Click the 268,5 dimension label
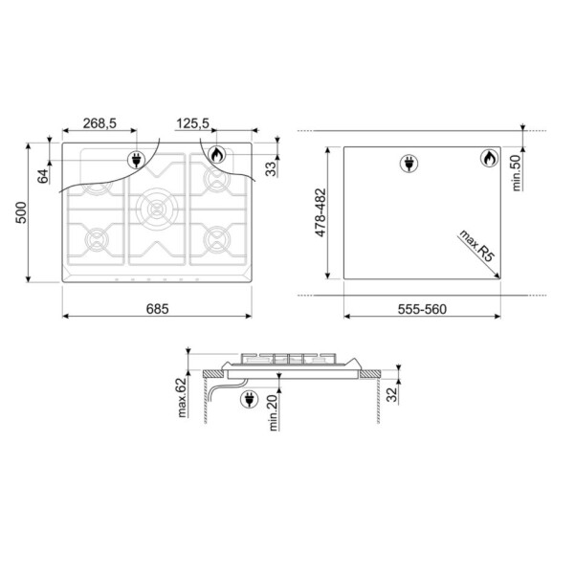click(99, 123)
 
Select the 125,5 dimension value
click(192, 123)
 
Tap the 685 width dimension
click(158, 309)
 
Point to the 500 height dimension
click(21, 212)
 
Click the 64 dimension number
click(43, 176)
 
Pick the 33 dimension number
click(272, 169)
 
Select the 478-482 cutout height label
click(320, 212)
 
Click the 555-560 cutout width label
click(422, 309)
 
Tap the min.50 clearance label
click(517, 173)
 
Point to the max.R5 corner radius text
click(476, 246)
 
